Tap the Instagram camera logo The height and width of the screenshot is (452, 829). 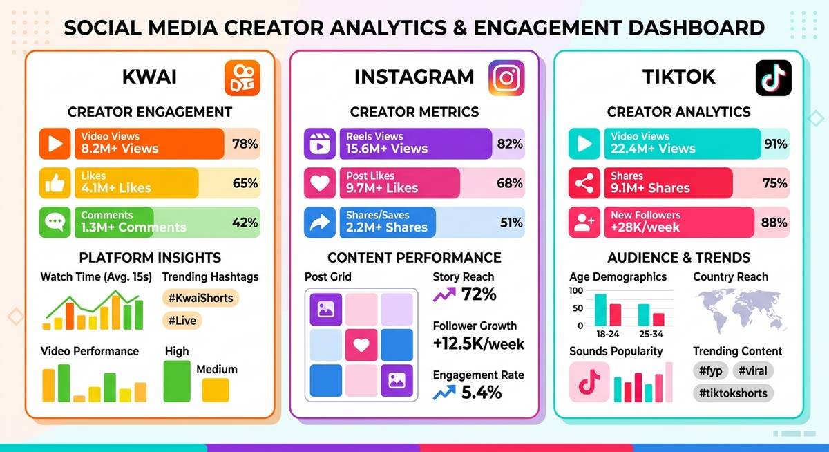tap(506, 77)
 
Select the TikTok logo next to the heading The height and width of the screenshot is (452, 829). tap(773, 77)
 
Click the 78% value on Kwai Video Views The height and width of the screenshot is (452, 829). tap(245, 144)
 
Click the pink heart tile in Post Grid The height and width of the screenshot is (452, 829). tap(361, 344)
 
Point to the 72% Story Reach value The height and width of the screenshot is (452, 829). tap(479, 294)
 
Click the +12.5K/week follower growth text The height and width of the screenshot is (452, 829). tap(478, 343)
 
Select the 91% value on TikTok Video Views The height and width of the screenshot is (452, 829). tap(774, 144)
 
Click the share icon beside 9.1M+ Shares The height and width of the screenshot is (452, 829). tap(584, 183)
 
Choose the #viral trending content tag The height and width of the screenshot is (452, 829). tap(752, 371)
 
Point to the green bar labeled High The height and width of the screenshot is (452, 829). tap(177, 382)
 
